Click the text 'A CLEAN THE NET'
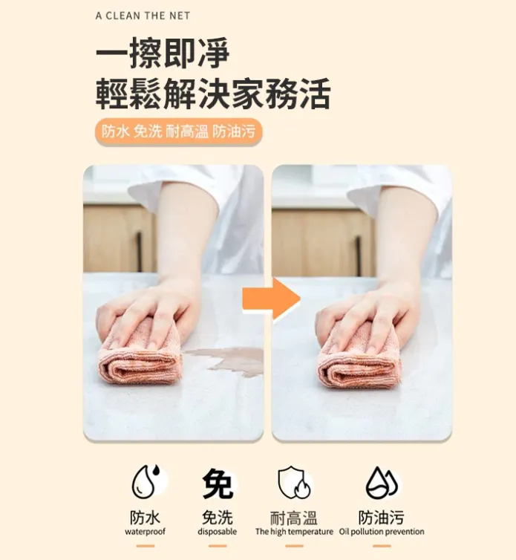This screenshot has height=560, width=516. [143, 16]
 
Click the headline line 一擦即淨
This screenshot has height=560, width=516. [163, 55]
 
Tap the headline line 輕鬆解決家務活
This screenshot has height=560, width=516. [212, 94]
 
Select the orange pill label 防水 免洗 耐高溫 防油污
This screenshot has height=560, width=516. [178, 132]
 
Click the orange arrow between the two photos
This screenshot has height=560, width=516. [270, 299]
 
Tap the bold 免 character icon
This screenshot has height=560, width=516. [218, 484]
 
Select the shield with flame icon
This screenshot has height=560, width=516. [294, 484]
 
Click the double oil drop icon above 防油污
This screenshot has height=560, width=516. [382, 484]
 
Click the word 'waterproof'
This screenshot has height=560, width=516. [146, 533]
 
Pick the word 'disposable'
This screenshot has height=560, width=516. [218, 533]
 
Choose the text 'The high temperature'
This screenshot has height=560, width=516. [294, 533]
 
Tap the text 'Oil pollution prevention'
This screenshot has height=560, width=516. [382, 533]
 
